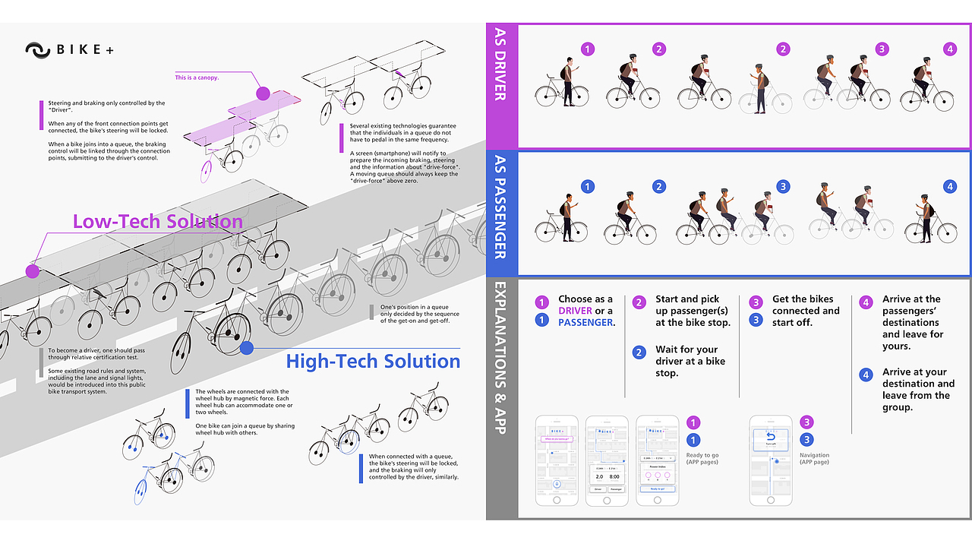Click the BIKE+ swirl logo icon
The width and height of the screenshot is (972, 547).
pyautogui.click(x=37, y=50)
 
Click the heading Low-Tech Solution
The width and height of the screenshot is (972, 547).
pyautogui.click(x=158, y=221)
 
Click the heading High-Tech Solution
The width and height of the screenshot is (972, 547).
pyautogui.click(x=373, y=361)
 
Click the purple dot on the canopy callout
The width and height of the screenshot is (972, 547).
pyautogui.click(x=263, y=93)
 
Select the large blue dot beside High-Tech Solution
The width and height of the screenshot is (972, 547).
pyautogui.click(x=246, y=349)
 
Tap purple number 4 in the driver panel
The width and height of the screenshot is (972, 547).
pyautogui.click(x=950, y=49)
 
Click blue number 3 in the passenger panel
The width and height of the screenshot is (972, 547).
pyautogui.click(x=783, y=186)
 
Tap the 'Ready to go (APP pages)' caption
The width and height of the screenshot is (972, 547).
pyautogui.click(x=702, y=458)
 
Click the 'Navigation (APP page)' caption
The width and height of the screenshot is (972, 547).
pyautogui.click(x=813, y=458)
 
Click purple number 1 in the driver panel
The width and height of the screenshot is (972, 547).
pyautogui.click(x=587, y=49)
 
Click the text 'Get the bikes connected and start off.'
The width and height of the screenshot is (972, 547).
pyautogui.click(x=806, y=311)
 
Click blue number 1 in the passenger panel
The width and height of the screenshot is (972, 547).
pyautogui.click(x=587, y=186)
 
